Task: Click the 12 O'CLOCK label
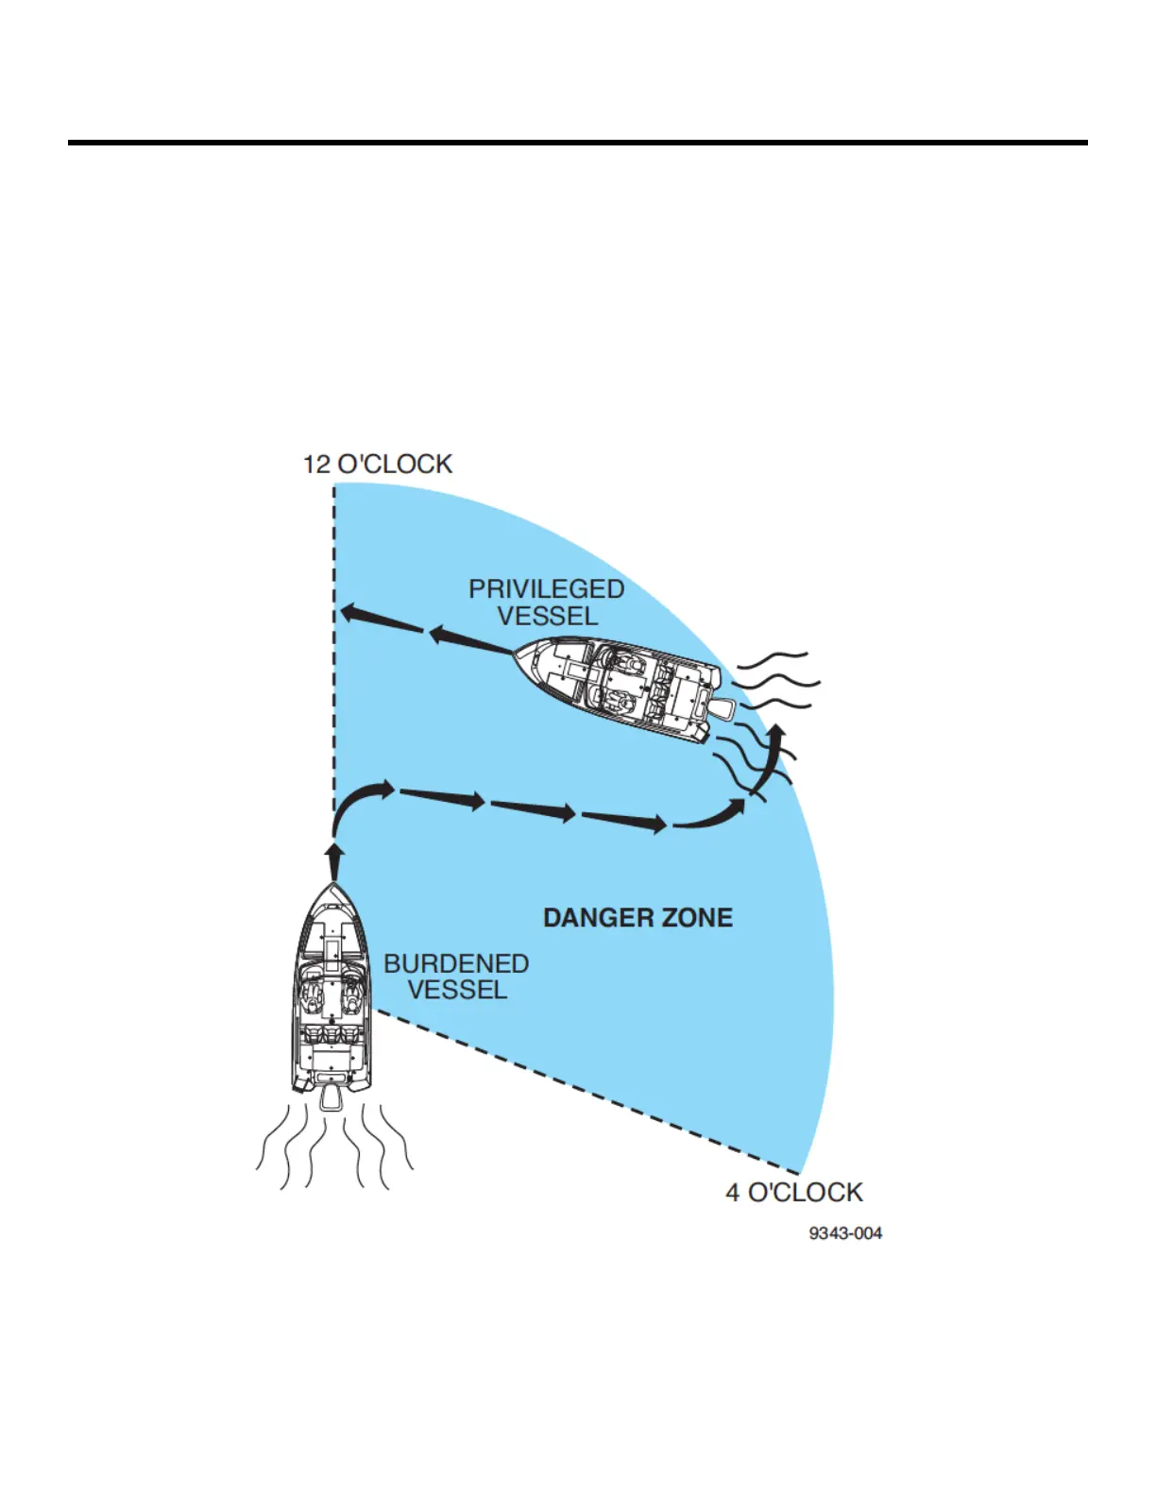377,464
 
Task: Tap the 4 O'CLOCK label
793,1193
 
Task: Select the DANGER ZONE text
637,918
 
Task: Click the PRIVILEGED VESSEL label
547,602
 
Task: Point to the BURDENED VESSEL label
456,977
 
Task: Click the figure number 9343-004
845,1233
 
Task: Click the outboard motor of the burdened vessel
331,1097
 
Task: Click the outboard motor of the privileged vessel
723,708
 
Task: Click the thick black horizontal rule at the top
577,143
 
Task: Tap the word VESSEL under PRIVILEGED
548,616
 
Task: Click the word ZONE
696,918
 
